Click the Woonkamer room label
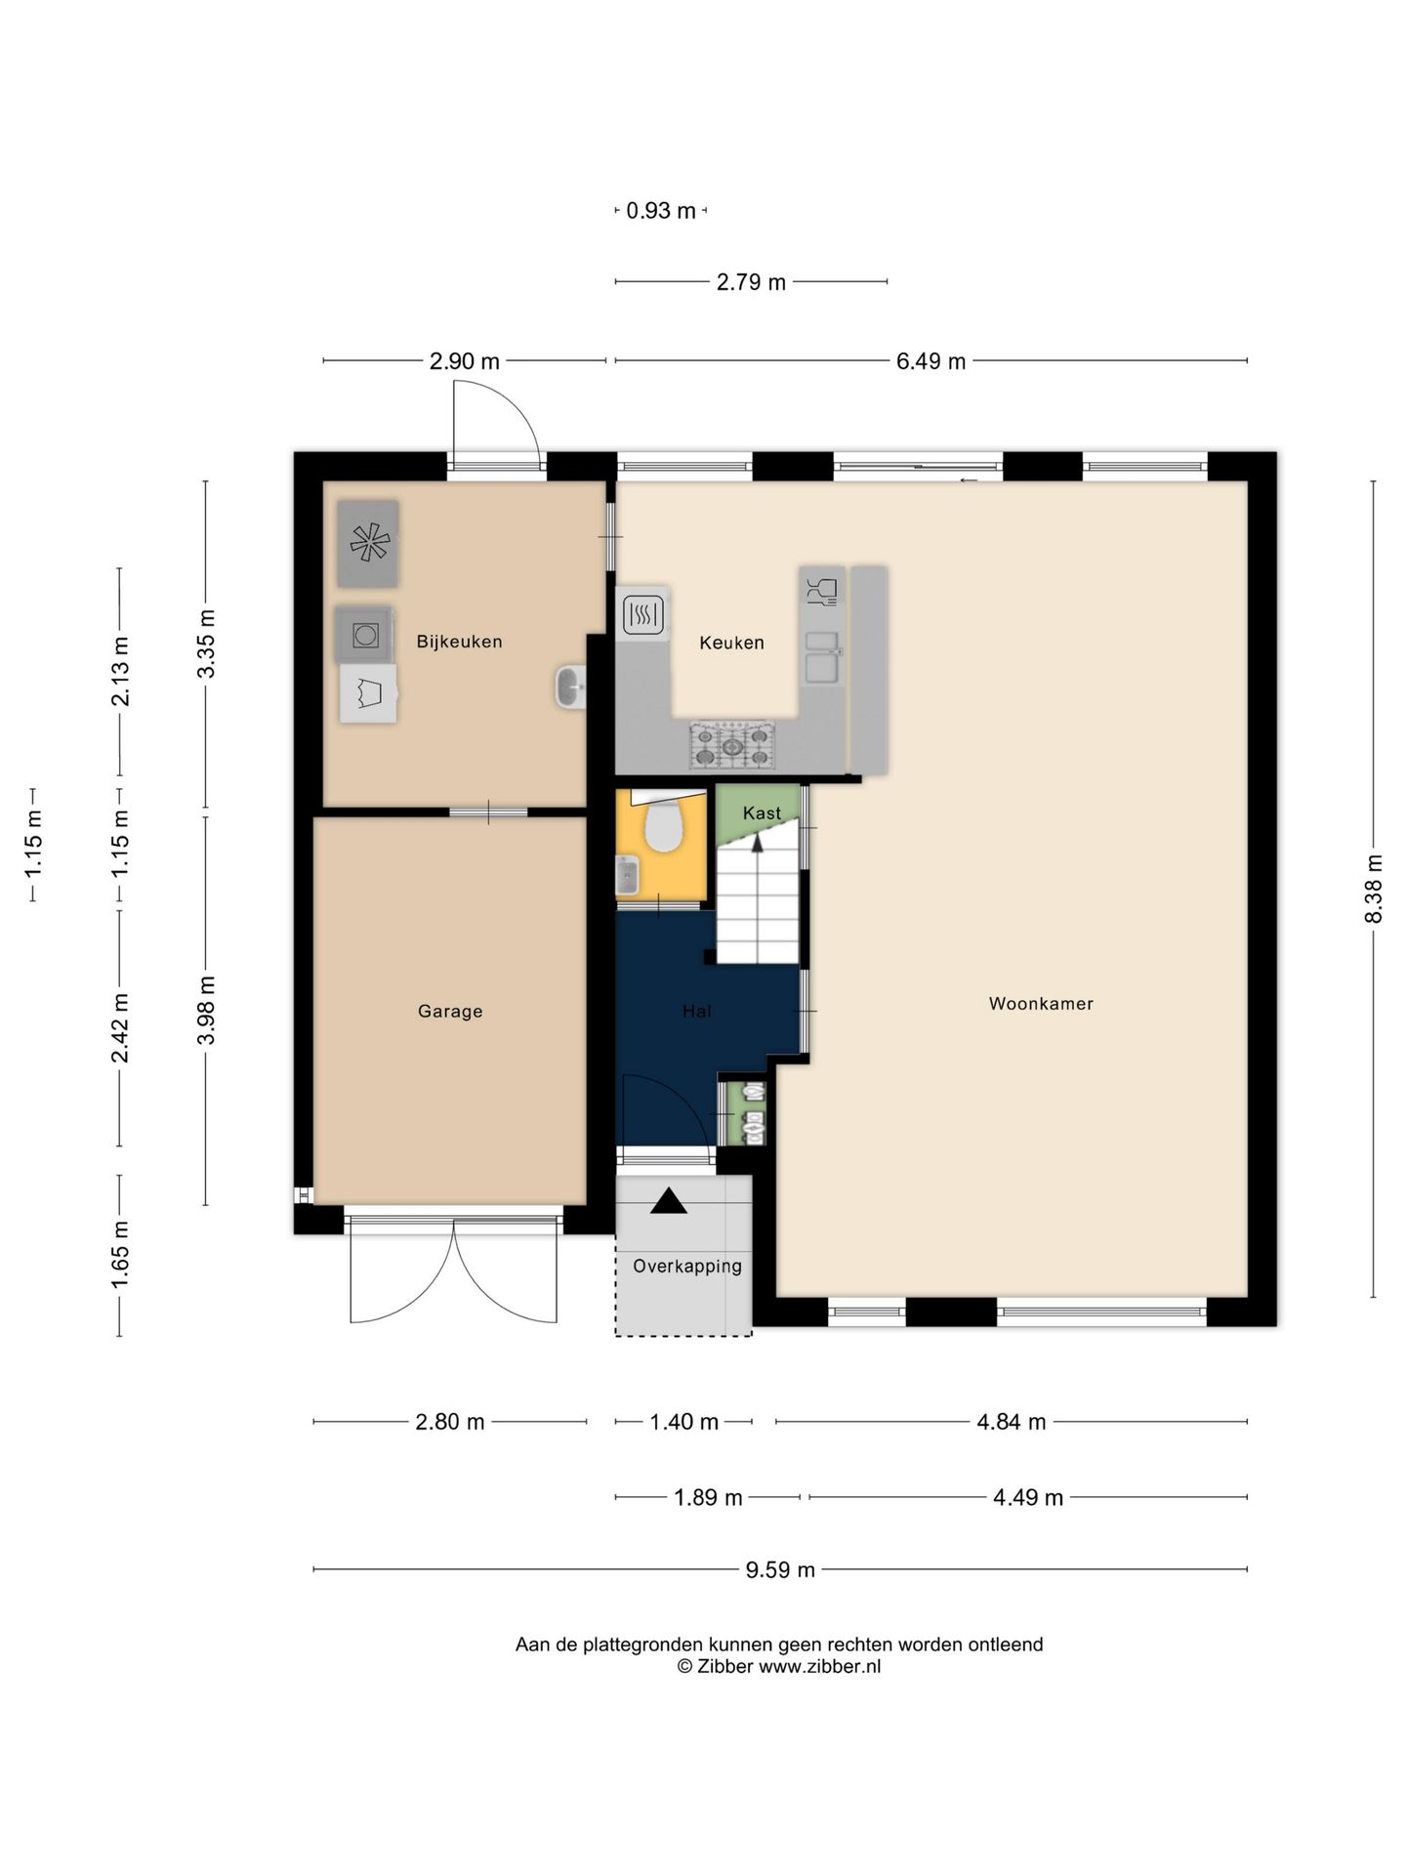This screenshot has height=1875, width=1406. click(1041, 1003)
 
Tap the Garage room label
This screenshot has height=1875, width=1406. click(450, 1012)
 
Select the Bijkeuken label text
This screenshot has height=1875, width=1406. click(459, 642)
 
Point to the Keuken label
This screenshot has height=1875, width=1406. click(731, 643)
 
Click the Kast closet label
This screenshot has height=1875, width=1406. click(762, 812)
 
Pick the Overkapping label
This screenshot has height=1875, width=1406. click(687, 1267)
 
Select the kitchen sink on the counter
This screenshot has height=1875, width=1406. click(822, 657)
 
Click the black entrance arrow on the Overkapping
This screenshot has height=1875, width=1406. click(669, 1201)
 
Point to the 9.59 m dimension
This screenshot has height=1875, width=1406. click(780, 1569)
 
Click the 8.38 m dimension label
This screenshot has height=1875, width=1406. click(1374, 889)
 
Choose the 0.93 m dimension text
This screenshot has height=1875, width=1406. click(661, 211)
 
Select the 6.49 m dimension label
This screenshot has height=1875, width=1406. click(930, 361)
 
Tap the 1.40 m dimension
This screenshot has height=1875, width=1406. click(684, 1422)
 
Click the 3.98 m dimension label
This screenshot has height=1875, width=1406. click(206, 1010)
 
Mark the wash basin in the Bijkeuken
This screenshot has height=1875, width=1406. click(569, 687)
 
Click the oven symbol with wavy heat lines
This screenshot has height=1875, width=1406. click(643, 614)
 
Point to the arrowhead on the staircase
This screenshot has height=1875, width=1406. click(757, 843)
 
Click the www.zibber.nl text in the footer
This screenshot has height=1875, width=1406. click(819, 1667)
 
